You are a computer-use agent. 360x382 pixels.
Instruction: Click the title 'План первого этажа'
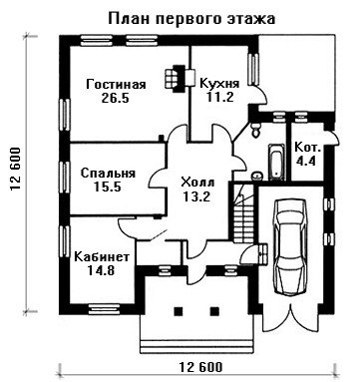191,19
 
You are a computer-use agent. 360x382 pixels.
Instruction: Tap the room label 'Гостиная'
116,84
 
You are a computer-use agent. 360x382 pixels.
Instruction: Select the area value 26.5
115,99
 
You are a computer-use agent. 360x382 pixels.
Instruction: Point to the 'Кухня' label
219,83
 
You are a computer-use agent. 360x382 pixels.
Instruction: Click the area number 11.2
220,97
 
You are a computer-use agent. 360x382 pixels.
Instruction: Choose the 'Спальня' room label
109,174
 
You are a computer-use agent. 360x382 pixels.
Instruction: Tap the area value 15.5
107,188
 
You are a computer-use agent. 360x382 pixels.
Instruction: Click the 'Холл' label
197,183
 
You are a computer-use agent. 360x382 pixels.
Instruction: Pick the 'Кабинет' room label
102,257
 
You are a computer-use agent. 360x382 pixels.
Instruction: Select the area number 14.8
101,270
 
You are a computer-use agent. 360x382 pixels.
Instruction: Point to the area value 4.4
306,161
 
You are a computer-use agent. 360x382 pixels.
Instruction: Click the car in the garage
290,246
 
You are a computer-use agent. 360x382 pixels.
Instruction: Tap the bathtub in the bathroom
276,162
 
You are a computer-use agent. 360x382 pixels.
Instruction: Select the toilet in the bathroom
256,130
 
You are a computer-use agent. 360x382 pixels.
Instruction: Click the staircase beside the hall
243,213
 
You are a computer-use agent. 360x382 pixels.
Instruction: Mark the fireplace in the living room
175,79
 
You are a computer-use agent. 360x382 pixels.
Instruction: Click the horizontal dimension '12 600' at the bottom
200,367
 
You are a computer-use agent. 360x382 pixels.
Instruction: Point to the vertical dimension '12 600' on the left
15,170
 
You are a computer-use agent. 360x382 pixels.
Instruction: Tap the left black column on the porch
179,311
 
